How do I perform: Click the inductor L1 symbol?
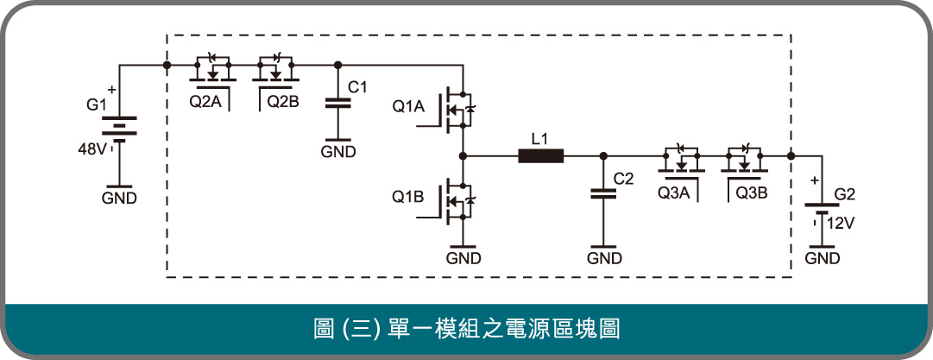click(x=541, y=156)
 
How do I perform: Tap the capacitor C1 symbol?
click(x=338, y=103)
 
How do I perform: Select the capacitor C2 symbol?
click(x=603, y=193)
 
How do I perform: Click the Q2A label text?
click(x=205, y=102)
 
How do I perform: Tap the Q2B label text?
click(x=282, y=102)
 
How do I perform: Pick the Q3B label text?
click(x=752, y=193)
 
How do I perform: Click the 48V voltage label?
click(x=92, y=149)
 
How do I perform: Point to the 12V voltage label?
click(x=841, y=224)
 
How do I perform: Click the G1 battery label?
click(x=96, y=106)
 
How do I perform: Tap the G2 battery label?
click(x=844, y=194)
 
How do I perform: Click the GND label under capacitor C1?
click(x=338, y=152)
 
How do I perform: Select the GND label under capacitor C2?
click(x=604, y=258)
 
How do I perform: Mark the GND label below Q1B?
click(x=463, y=258)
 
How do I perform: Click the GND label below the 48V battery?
click(x=119, y=199)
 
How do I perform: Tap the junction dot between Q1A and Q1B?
click(x=463, y=156)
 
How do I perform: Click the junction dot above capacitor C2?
click(x=603, y=156)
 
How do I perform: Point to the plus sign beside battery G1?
click(x=112, y=91)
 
